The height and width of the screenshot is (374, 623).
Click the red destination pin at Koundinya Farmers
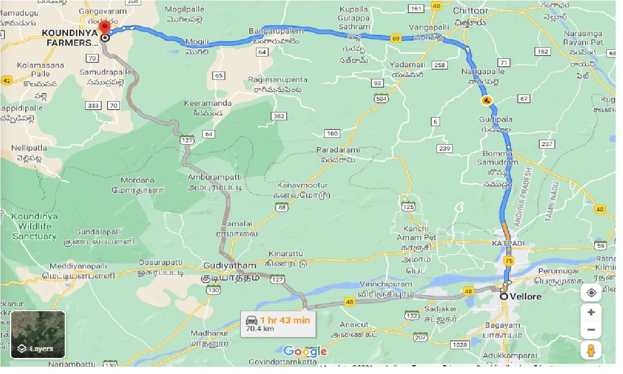click(104, 28)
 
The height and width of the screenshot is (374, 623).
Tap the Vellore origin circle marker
click(504, 296)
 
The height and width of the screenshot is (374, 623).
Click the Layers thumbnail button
click(37, 335)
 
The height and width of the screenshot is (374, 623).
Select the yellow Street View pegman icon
click(591, 350)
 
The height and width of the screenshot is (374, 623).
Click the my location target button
click(591, 293)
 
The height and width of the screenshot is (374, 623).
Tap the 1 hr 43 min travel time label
click(285, 320)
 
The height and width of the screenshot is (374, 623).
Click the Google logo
click(305, 351)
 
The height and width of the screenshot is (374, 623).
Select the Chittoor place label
click(470, 10)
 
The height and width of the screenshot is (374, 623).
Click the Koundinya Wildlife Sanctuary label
click(34, 226)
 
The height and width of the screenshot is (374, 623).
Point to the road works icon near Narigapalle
click(486, 101)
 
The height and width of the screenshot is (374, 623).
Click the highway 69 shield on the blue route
click(395, 38)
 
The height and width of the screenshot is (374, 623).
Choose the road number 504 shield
click(381, 99)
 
